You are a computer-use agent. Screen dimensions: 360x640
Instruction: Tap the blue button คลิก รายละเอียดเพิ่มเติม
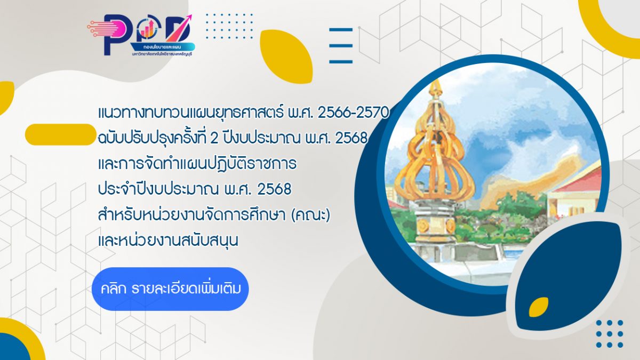pyautogui.click(x=170, y=289)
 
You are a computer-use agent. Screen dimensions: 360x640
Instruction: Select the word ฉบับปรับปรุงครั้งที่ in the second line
pyautogui.click(x=158, y=138)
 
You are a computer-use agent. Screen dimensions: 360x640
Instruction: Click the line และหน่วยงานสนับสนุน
pyautogui.click(x=168, y=241)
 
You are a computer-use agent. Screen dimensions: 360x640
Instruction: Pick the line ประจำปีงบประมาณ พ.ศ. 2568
pyautogui.click(x=195, y=189)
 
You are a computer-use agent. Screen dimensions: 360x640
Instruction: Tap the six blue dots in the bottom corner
pyautogui.click(x=610, y=334)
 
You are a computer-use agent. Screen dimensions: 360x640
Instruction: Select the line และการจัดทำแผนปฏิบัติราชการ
pyautogui.click(x=197, y=164)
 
